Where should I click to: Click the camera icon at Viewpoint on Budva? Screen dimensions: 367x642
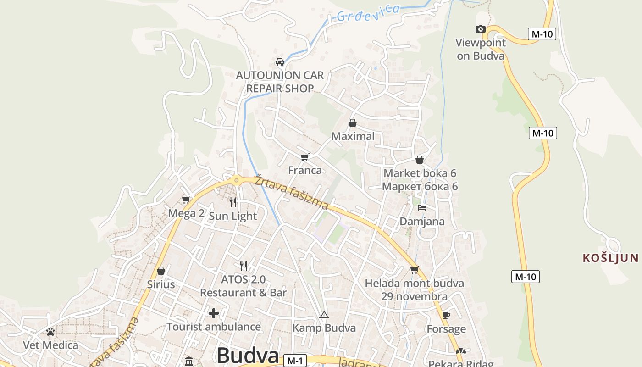pyautogui.click(x=481, y=29)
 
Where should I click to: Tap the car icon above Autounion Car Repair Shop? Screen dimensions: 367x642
pyautogui.click(x=279, y=61)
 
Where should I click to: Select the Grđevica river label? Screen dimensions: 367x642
pyautogui.click(x=368, y=13)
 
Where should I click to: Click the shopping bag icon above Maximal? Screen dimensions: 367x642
pyautogui.click(x=353, y=123)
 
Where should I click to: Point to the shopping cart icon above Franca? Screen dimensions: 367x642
pyautogui.click(x=304, y=157)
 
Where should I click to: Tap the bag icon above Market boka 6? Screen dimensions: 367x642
pyautogui.click(x=419, y=160)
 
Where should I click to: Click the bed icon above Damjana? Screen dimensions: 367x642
pyautogui.click(x=422, y=208)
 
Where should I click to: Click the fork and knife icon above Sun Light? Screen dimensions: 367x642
pyautogui.click(x=233, y=202)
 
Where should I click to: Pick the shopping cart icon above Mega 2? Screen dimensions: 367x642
pyautogui.click(x=186, y=200)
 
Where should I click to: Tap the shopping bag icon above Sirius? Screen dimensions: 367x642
pyautogui.click(x=160, y=271)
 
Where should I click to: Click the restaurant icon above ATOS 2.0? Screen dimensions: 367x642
pyautogui.click(x=244, y=266)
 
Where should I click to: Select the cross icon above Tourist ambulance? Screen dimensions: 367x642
pyautogui.click(x=214, y=313)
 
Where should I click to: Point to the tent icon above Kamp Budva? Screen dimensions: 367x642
pyautogui.click(x=324, y=315)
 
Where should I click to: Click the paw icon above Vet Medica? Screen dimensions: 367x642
pyautogui.click(x=50, y=331)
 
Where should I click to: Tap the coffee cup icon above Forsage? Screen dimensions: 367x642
pyautogui.click(x=446, y=315)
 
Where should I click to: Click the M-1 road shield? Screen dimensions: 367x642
pyautogui.click(x=294, y=361)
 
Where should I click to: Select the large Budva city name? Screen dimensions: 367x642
pyautogui.click(x=248, y=356)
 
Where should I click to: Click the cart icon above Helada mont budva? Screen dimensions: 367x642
pyautogui.click(x=414, y=270)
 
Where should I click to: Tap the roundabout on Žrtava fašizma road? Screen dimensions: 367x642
pyautogui.click(x=237, y=180)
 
